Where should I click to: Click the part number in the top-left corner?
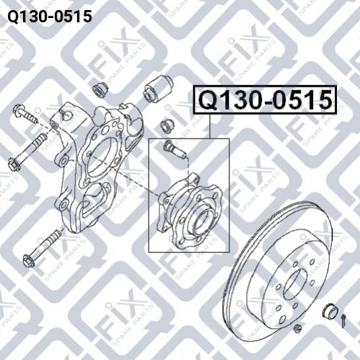coord(50,17)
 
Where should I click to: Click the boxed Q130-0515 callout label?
coord(265,100)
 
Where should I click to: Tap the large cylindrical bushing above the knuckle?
coord(159,88)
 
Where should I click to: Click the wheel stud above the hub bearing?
coord(174,149)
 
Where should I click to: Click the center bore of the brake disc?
coord(296,284)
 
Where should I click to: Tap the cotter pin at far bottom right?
coord(343,320)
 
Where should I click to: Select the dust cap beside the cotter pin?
coord(330,312)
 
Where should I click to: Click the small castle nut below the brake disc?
coord(298,328)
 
